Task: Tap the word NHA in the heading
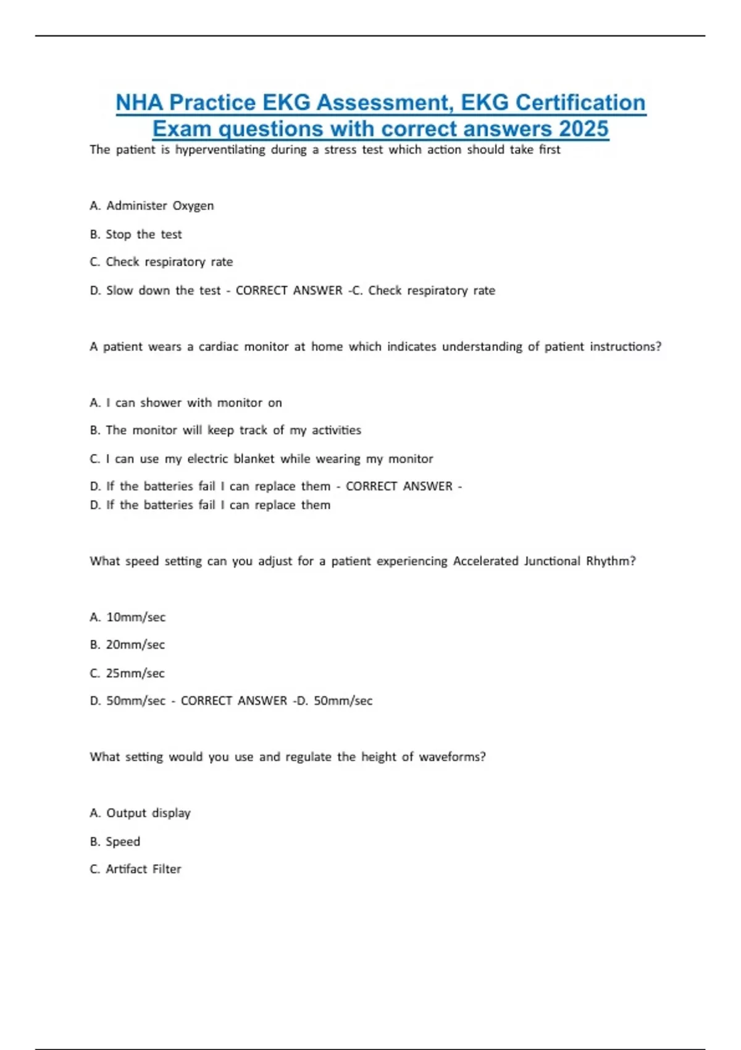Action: (141, 103)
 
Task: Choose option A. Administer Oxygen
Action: (152, 206)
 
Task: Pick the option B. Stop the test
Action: (136, 234)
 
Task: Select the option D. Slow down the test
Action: (155, 290)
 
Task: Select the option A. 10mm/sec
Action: (128, 617)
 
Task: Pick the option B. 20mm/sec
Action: (127, 645)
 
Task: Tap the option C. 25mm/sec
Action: (127, 673)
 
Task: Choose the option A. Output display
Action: (140, 813)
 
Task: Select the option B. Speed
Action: (115, 841)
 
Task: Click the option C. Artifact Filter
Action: (135, 869)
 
